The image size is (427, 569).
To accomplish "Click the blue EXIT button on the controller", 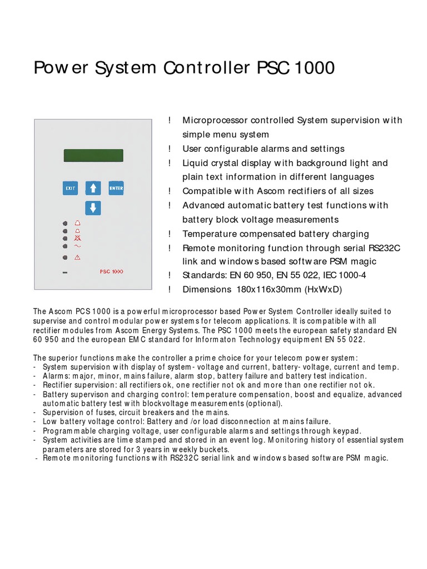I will point(71,188).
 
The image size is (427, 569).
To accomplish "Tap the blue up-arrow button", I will point(93,188).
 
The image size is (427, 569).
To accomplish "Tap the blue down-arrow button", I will point(93,208).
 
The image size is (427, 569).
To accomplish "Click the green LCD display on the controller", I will point(93,155).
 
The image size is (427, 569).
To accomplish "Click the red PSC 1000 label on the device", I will point(111,272).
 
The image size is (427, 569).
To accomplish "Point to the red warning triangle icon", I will point(77,258).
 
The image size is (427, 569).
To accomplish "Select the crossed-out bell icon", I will point(77,238).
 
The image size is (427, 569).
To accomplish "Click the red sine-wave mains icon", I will point(77,246).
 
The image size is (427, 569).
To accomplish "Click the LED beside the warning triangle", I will point(65,258).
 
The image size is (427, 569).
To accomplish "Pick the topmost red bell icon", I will point(77,223).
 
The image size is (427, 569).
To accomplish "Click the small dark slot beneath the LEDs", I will point(65,272).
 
